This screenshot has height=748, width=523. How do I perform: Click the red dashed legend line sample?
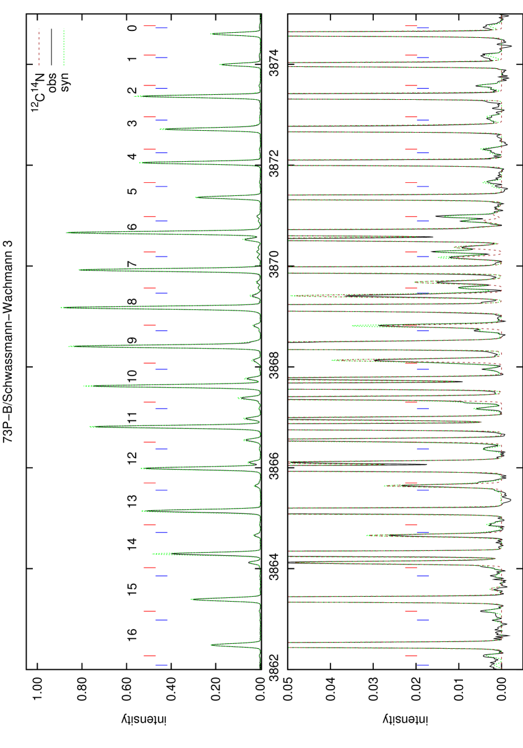39,46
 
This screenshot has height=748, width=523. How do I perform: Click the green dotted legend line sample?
64,46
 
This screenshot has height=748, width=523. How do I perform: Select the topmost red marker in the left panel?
149,26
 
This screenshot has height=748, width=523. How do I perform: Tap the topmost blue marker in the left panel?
162,28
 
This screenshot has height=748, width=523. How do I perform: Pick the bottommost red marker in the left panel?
149,656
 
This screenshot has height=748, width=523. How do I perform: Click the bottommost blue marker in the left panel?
162,665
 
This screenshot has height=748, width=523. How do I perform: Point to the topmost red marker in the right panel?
410,26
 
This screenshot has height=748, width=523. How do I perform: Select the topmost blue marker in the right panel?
423,28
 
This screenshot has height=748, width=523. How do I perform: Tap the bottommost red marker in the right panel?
410,656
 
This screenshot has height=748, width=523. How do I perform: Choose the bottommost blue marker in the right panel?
423,665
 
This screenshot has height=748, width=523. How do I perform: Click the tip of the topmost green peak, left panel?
210,34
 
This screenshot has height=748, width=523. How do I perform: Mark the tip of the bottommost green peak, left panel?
211,645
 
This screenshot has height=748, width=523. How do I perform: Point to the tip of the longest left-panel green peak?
61,307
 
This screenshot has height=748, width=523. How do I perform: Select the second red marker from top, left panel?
149,55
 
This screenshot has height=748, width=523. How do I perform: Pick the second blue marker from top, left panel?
162,58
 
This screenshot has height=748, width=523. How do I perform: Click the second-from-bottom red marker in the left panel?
149,611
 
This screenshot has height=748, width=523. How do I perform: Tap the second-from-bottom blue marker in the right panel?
423,620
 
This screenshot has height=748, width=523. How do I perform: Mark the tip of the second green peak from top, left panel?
219,64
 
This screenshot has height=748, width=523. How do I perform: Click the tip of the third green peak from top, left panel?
134,96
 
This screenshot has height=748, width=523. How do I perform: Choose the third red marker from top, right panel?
410,86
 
